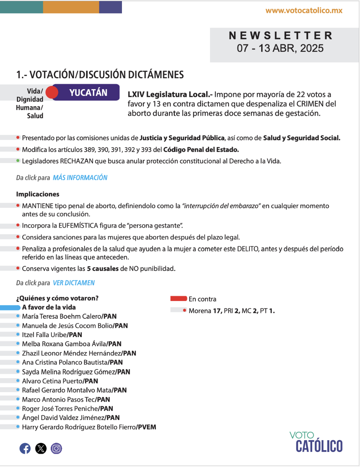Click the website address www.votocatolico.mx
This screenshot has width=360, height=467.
pyautogui.click(x=304, y=11)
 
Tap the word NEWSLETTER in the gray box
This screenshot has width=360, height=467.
pyautogui.click(x=281, y=36)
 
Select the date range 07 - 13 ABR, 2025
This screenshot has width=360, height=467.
pyautogui.click(x=280, y=48)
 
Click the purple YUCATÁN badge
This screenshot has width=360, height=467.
pyautogui.click(x=89, y=93)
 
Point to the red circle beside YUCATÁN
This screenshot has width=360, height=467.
pyautogui.click(x=52, y=93)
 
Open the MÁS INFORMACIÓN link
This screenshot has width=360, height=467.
pyautogui.click(x=80, y=178)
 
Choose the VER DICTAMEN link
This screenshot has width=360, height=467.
pyautogui.click(x=74, y=283)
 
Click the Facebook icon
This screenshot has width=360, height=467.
pyautogui.click(x=25, y=448)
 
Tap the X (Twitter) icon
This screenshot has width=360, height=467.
pyautogui.click(x=41, y=448)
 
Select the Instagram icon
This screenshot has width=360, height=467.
pyautogui.click(x=56, y=448)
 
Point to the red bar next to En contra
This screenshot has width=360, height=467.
pyautogui.click(x=179, y=299)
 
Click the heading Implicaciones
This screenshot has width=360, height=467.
pyautogui.click(x=37, y=194)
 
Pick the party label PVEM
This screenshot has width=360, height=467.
pyautogui.click(x=147, y=427)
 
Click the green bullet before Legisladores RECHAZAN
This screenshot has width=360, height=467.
pyautogui.click(x=18, y=161)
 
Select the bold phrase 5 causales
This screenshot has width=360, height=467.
pyautogui.click(x=102, y=269)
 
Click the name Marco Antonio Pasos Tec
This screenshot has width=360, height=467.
pyautogui.click(x=58, y=399)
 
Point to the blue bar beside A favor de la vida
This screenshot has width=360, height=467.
pyautogui.click(x=10, y=308)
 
